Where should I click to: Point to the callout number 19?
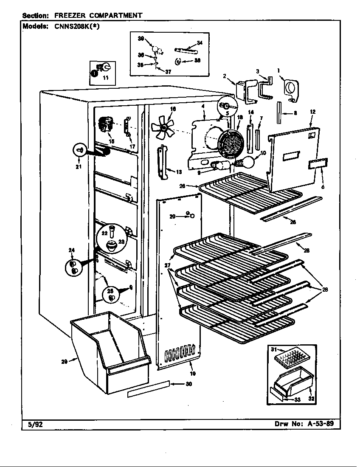[x=192, y=374]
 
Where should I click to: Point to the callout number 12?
[x=312, y=112]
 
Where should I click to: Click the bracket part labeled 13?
[x=163, y=161]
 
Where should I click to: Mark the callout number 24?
[x=71, y=250]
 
